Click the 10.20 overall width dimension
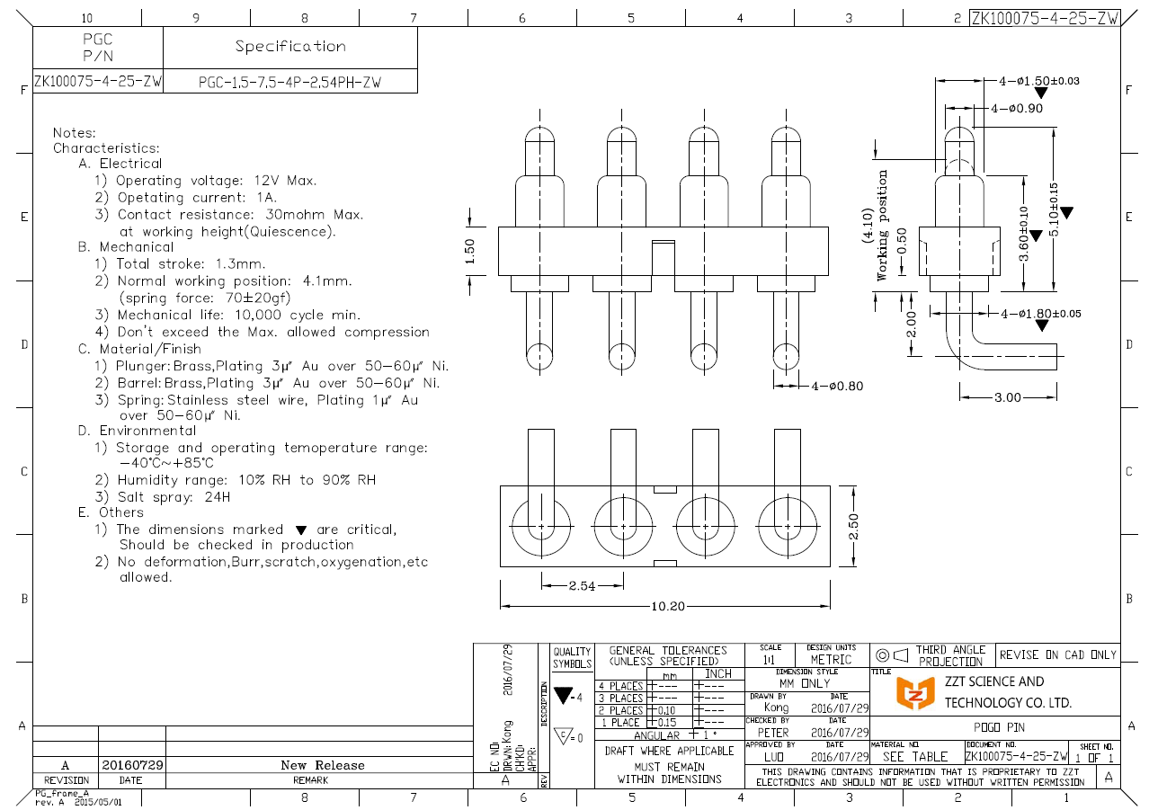click(666, 606)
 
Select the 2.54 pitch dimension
click(582, 586)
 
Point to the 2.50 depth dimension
click(853, 526)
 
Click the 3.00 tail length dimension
click(1008, 396)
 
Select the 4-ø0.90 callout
click(1018, 108)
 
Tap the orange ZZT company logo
click(917, 692)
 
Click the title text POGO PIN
click(999, 726)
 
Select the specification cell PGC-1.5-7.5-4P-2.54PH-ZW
click(289, 82)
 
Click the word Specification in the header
click(290, 46)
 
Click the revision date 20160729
click(132, 765)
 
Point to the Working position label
click(882, 225)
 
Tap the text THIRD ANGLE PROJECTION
click(950, 655)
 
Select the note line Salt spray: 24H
click(173, 496)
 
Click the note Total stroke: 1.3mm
click(191, 263)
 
